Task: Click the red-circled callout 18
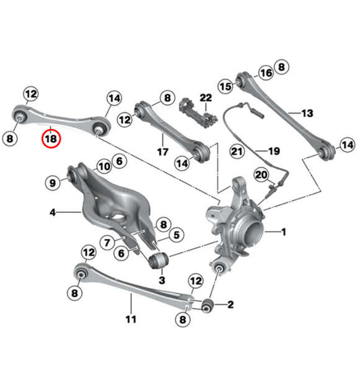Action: click(52, 139)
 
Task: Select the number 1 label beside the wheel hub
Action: click(284, 232)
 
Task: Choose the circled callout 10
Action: click(103, 166)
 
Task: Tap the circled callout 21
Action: click(236, 151)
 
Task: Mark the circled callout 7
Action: click(107, 241)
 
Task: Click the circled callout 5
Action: click(176, 235)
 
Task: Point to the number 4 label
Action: click(53, 212)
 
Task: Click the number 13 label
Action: click(307, 113)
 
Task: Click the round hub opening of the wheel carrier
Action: click(255, 238)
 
